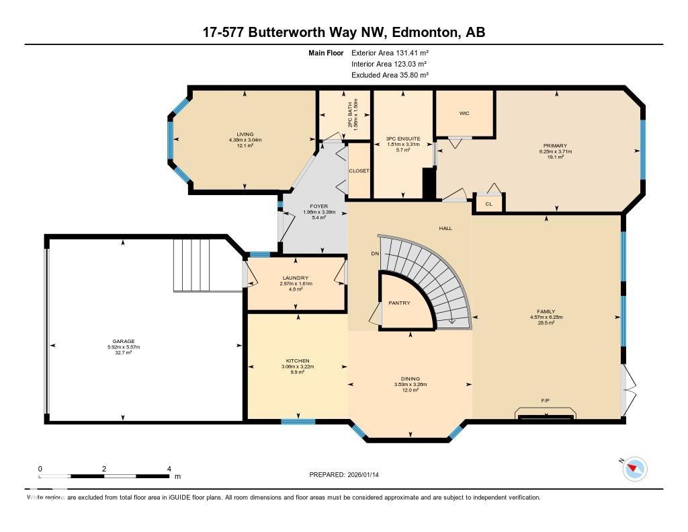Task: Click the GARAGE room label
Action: [x=123, y=341]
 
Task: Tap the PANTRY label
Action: [x=399, y=303]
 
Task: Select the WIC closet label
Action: [x=464, y=113]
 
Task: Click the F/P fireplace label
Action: [x=545, y=401]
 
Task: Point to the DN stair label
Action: [x=376, y=254]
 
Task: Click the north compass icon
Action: [x=634, y=468]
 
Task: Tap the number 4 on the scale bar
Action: [x=169, y=469]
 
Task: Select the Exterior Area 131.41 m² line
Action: [x=390, y=52]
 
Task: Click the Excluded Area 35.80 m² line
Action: [x=390, y=75]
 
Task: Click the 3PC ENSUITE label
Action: [x=402, y=139]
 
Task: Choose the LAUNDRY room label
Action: [x=296, y=278]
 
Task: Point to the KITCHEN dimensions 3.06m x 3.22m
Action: [x=297, y=367]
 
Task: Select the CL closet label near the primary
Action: [x=488, y=204]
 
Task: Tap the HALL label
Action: [x=445, y=228]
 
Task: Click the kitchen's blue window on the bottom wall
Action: [x=298, y=422]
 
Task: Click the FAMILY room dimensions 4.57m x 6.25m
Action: [x=546, y=317]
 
